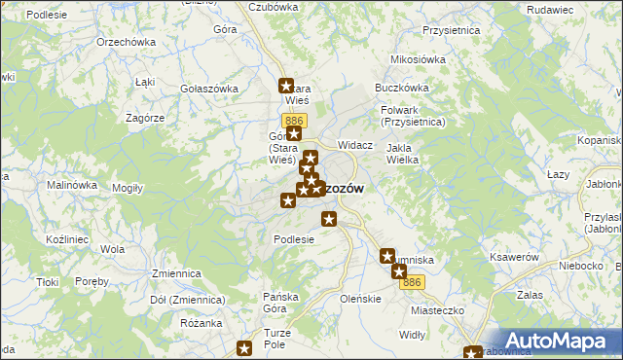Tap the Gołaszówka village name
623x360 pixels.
pos(209,89)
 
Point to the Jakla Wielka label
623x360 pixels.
pos(403,154)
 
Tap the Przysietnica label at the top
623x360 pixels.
pos(447,30)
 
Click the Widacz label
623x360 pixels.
pos(355,145)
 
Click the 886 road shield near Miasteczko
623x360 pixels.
pos(414,282)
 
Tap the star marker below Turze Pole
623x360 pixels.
pos(245,347)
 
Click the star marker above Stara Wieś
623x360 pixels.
pos(286,85)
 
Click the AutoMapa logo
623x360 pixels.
pos(560,341)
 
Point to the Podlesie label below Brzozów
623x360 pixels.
pos(294,239)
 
